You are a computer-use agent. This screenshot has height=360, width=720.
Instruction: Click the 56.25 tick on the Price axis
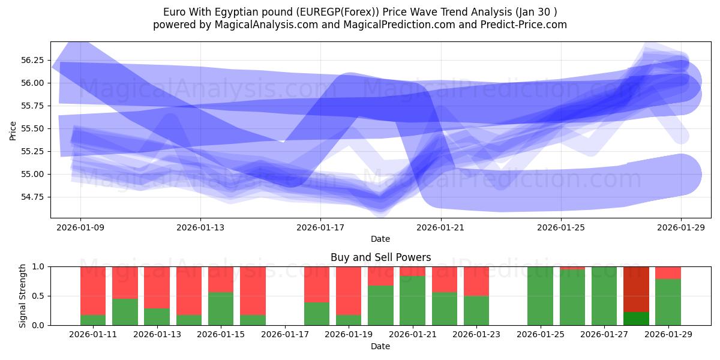click(x=32, y=60)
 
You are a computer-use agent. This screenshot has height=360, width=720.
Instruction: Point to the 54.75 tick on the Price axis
click(x=32, y=197)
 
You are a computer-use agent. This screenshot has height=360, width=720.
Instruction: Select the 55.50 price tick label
click(x=32, y=128)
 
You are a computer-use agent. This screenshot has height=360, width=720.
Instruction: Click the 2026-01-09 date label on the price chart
click(x=80, y=227)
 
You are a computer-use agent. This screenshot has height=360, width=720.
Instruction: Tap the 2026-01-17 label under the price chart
click(x=320, y=227)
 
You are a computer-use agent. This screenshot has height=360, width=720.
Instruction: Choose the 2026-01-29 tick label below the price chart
click(x=681, y=227)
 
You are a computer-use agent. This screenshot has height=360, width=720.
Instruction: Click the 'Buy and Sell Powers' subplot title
click(x=380, y=257)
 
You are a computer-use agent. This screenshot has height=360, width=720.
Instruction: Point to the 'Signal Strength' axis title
click(x=22, y=296)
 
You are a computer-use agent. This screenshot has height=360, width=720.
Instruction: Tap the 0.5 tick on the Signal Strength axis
click(x=38, y=296)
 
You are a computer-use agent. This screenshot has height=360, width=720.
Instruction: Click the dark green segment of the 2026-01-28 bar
click(x=636, y=319)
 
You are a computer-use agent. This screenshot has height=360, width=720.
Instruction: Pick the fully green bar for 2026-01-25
click(x=540, y=296)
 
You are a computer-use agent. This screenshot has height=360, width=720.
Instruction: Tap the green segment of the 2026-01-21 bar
click(x=412, y=301)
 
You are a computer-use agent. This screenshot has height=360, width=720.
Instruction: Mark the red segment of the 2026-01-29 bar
click(x=668, y=273)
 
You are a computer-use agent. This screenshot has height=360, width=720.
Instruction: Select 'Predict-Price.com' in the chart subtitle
click(x=526, y=25)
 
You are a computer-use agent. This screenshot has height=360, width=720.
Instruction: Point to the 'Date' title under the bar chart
click(x=380, y=346)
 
